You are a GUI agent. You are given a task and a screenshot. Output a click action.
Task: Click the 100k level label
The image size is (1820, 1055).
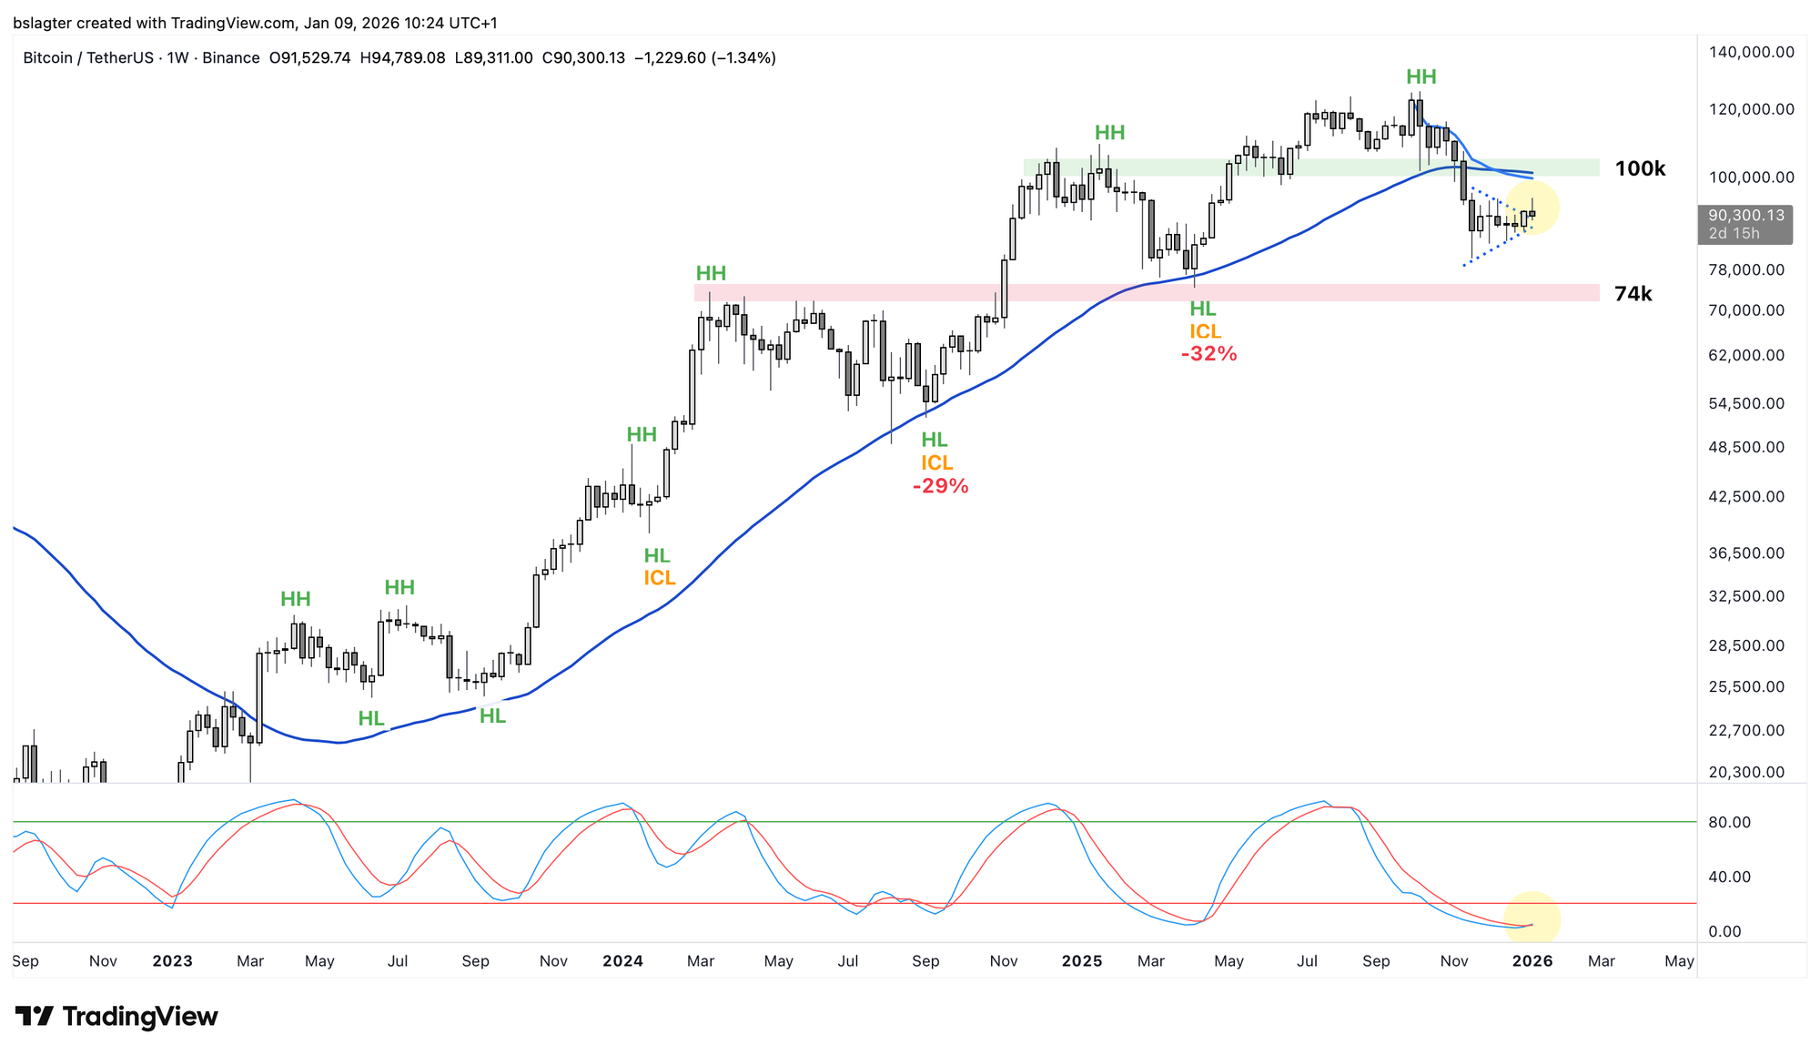tap(1640, 168)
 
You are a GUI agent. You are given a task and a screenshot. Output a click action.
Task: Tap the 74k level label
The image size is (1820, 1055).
tap(1633, 293)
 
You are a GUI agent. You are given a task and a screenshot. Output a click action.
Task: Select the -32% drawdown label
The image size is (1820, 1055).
tap(1208, 354)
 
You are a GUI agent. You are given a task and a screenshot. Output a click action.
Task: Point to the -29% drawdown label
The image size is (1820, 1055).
tap(940, 486)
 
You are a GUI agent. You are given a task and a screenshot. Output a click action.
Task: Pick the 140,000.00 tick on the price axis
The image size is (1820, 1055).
tap(1751, 52)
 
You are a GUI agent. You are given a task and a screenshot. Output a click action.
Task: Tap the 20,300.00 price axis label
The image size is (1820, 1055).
tap(1746, 772)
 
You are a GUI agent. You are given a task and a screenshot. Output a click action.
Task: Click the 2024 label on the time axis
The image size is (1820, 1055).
tap(622, 960)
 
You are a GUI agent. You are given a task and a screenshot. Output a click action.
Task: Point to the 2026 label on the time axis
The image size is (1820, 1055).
tap(1532, 960)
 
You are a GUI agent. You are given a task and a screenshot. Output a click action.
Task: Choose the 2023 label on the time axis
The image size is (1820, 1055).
tap(172, 960)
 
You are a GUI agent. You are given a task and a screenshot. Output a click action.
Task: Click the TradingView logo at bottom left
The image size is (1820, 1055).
tap(116, 1016)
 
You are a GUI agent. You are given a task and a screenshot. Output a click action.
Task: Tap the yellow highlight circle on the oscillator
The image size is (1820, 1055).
tap(1532, 919)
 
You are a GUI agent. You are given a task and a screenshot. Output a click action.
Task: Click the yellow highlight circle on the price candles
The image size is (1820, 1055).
tap(1532, 208)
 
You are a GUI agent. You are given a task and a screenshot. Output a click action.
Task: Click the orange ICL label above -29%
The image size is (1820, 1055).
tap(936, 463)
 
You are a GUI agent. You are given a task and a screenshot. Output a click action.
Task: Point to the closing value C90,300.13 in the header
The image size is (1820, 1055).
tap(583, 58)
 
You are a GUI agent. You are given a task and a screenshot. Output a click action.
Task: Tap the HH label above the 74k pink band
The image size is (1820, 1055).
tap(711, 273)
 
